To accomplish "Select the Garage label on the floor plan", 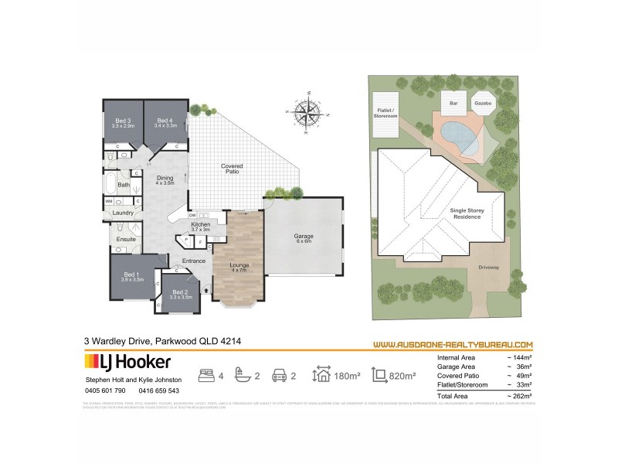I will [x=302, y=237].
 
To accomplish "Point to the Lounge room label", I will [x=238, y=268].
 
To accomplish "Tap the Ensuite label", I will [x=127, y=239].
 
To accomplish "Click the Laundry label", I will [x=124, y=213].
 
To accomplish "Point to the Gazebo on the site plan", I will [x=484, y=102].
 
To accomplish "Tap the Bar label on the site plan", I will [x=450, y=102].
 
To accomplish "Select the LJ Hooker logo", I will [x=127, y=361].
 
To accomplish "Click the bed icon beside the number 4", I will [x=208, y=376].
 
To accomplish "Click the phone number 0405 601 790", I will [x=104, y=391].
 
